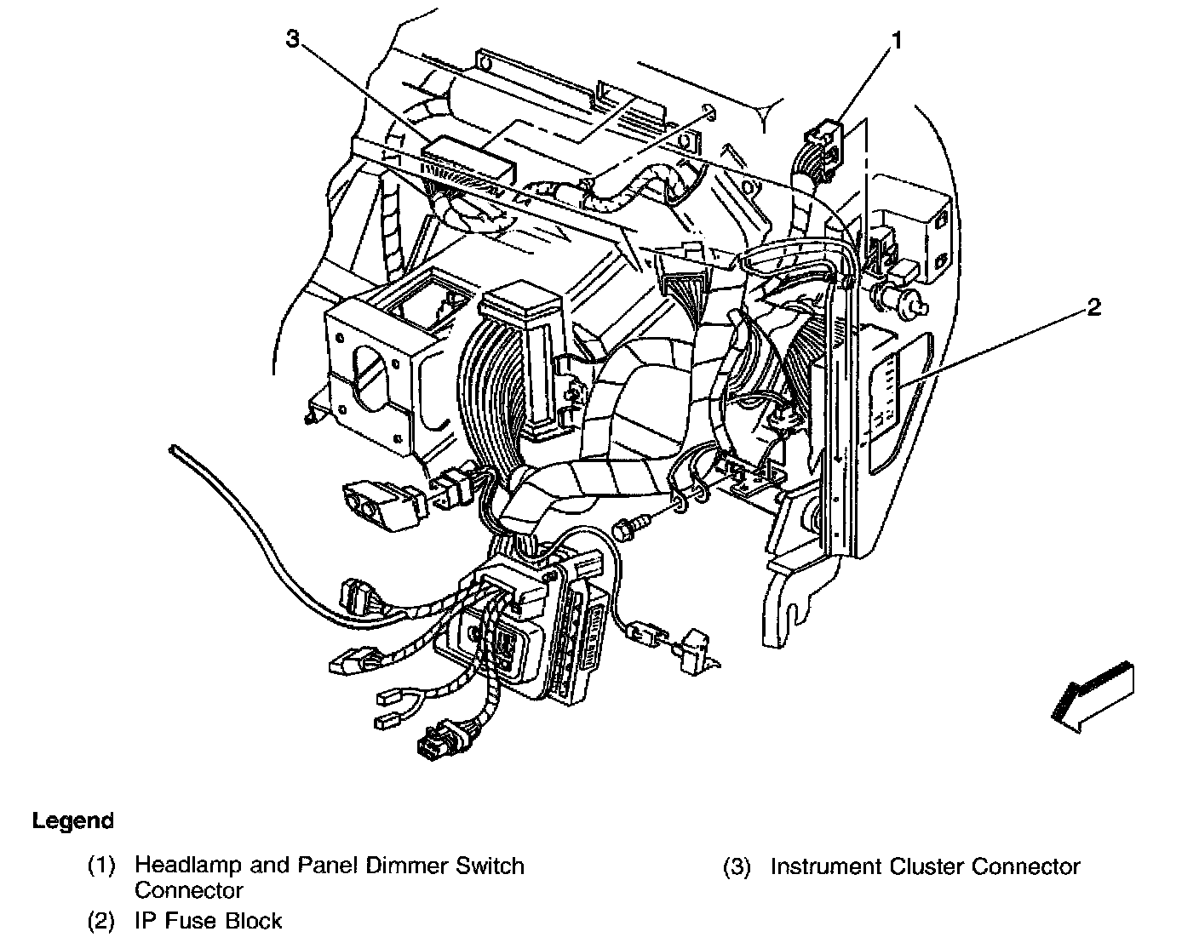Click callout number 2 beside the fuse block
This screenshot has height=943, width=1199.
click(x=1094, y=307)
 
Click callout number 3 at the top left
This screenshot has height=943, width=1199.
click(x=293, y=39)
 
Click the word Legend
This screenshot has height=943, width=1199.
click(x=72, y=821)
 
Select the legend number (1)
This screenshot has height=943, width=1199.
click(x=101, y=867)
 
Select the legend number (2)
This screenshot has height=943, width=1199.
click(x=101, y=921)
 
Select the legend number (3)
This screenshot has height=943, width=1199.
click(x=737, y=867)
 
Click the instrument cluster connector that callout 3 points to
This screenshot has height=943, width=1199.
click(x=468, y=159)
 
